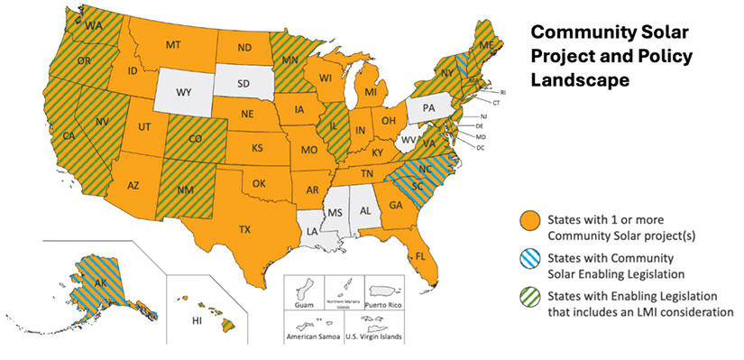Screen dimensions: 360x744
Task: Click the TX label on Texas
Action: point(244,230)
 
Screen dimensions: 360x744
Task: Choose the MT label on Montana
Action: point(175,44)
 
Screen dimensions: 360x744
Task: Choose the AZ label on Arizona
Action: point(133,185)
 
